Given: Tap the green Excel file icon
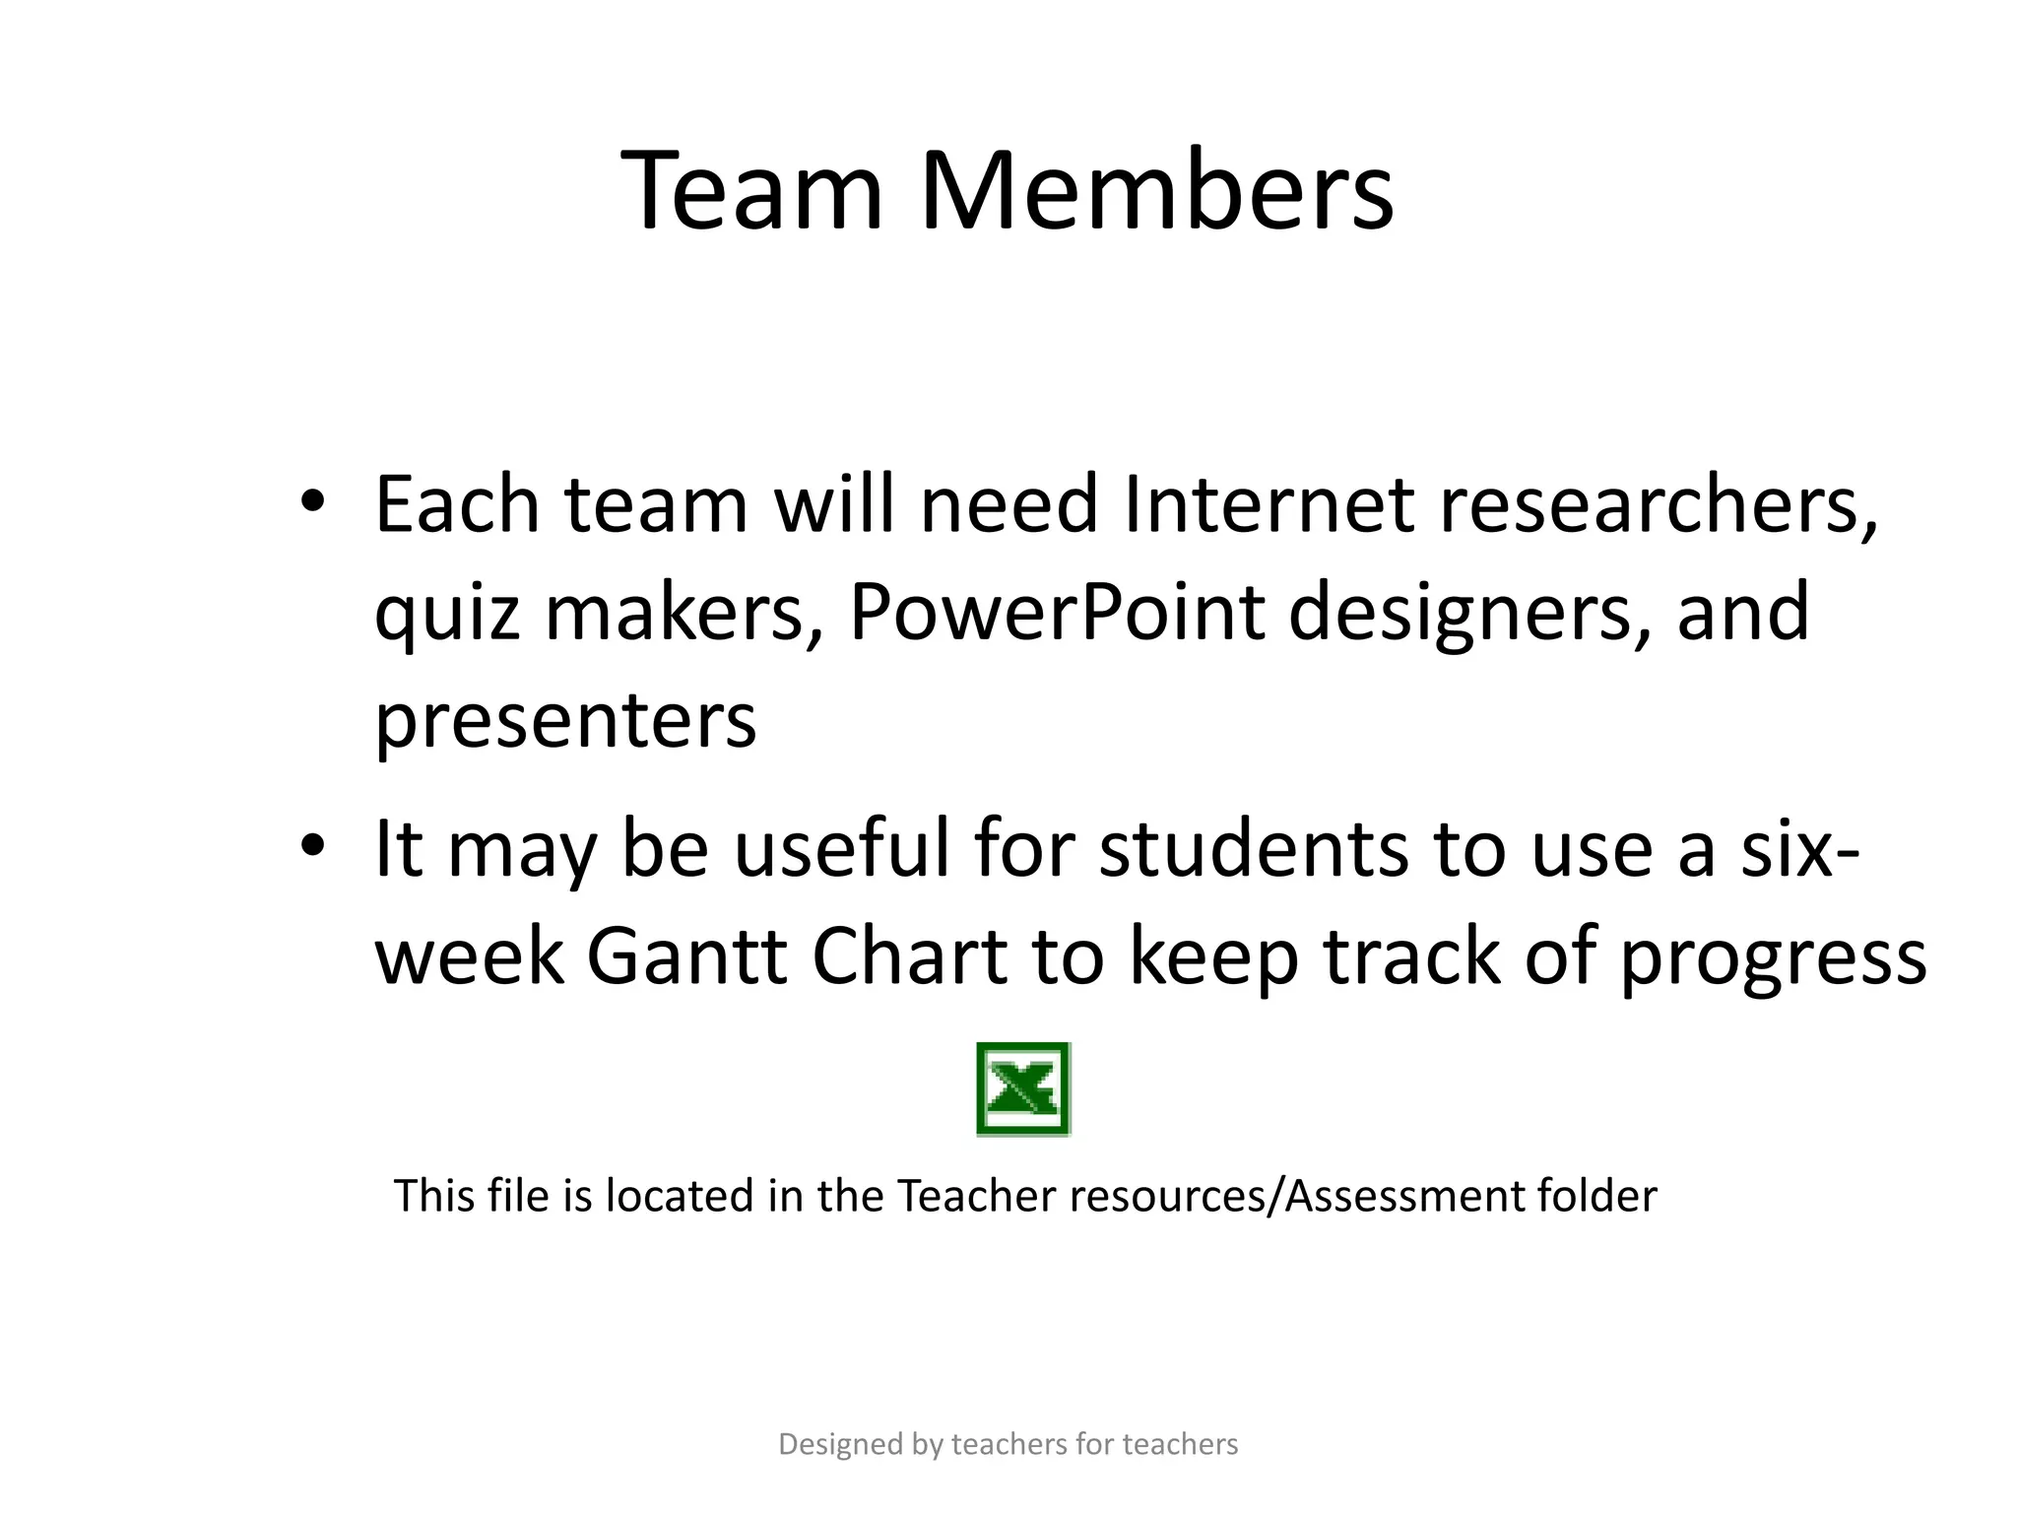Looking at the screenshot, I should coord(1023,1089).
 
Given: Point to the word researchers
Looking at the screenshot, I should coord(1658,503).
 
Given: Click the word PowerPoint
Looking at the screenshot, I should coord(1057,612).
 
